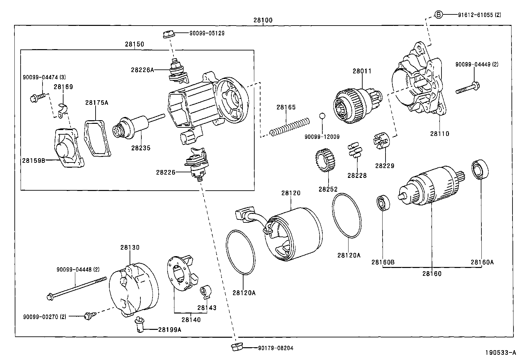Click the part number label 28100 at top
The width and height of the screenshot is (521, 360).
tap(263, 20)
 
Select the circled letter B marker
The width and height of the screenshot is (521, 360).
tap(439, 14)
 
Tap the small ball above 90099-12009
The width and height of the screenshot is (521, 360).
tap(322, 116)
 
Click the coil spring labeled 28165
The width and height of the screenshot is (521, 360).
tap(290, 127)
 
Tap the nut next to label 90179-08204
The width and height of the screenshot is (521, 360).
tap(235, 348)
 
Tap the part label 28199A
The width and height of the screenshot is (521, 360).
tap(170, 330)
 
